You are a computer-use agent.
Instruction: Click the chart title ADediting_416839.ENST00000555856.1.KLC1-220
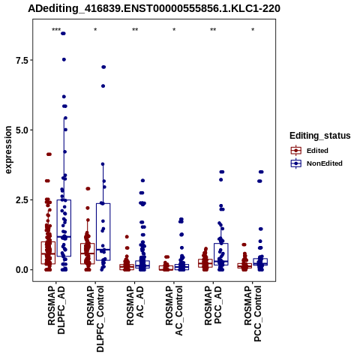pyautogui.click(x=154, y=8)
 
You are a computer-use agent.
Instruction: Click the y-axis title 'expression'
pyautogui.click(x=8, y=150)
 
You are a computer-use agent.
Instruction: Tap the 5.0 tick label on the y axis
pyautogui.click(x=21, y=130)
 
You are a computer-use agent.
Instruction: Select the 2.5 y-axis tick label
pyautogui.click(x=21, y=200)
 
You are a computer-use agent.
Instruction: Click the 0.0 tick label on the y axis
pyautogui.click(x=21, y=270)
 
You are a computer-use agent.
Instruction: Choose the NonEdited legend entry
pyautogui.click(x=316, y=163)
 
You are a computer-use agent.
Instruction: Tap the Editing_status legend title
pyautogui.click(x=320, y=136)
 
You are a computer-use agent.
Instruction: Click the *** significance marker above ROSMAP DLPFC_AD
pyautogui.click(x=56, y=30)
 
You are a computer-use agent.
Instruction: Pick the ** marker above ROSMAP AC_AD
pyautogui.click(x=135, y=30)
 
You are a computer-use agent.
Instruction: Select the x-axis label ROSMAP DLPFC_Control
pyautogui.click(x=95, y=319)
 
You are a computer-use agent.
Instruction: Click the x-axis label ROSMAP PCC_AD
pyautogui.click(x=213, y=305)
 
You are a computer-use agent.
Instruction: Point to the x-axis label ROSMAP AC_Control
pyautogui.click(x=174, y=310)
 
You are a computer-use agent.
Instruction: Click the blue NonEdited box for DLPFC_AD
pyautogui.click(x=64, y=228)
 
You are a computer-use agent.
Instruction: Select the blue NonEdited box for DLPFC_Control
pyautogui.click(x=103, y=232)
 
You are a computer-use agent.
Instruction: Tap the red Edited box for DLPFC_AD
pyautogui.click(x=48, y=253)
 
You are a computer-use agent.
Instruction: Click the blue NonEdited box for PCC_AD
pyautogui.click(x=221, y=254)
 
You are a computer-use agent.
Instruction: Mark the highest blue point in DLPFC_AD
pyautogui.click(x=63, y=34)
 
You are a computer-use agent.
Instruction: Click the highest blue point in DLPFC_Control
pyautogui.click(x=103, y=67)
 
